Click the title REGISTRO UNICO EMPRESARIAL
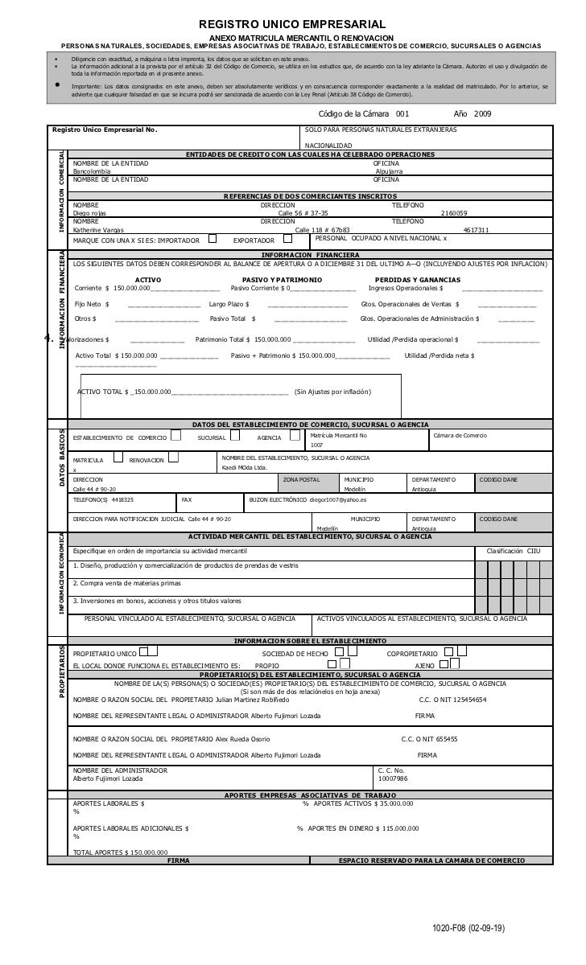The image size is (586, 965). click(292, 26)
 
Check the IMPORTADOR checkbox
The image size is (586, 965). click(212, 238)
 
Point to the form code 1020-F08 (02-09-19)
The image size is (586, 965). click(468, 928)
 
